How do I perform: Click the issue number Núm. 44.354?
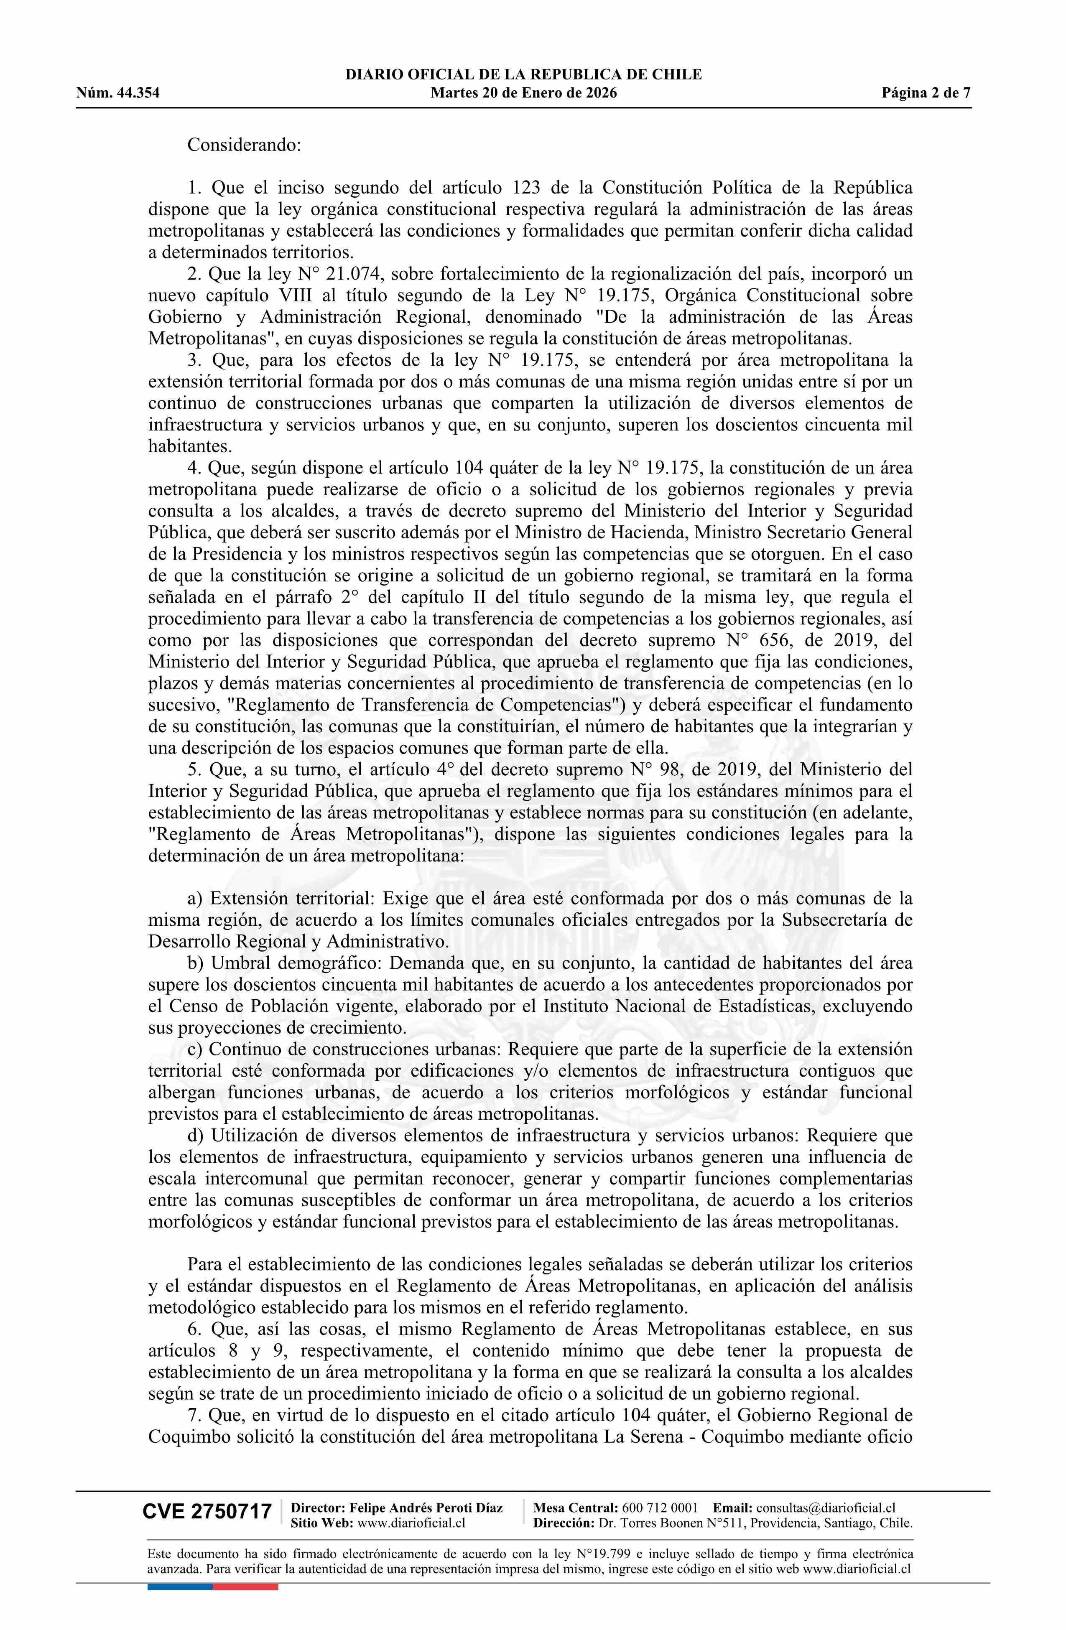pos(118,93)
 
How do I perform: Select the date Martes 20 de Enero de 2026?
pos(523,93)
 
